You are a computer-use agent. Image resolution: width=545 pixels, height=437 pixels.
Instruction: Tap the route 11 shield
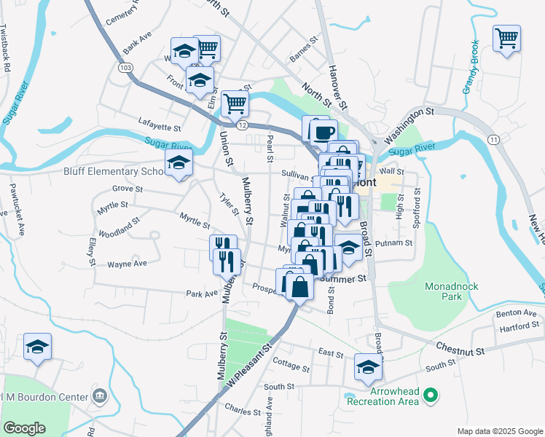(493, 139)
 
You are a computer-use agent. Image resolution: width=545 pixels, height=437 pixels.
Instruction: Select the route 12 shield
(242, 125)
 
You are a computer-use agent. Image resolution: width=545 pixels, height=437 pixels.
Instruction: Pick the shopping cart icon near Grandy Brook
(506, 37)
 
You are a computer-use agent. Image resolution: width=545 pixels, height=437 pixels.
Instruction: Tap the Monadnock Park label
(452, 291)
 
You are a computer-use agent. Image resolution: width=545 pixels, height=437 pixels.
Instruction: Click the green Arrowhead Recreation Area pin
(431, 396)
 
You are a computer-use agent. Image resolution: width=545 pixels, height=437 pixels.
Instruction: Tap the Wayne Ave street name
(128, 264)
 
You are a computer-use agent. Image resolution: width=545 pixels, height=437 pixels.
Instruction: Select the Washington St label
(409, 124)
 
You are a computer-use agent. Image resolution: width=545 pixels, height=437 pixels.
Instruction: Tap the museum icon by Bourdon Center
(101, 398)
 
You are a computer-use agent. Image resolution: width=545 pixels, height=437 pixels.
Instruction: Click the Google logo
(24, 428)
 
